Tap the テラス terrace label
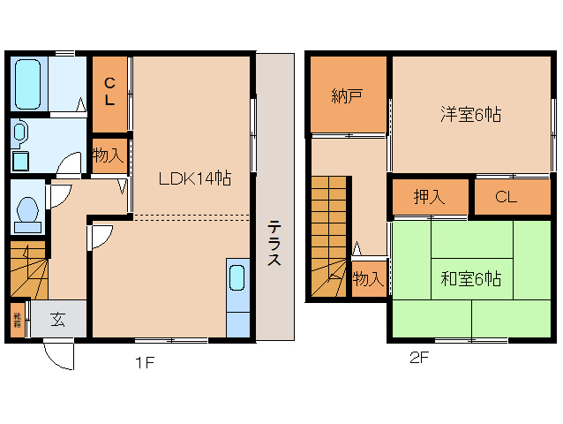pos(274,243)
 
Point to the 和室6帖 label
pos(470,279)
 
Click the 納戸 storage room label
pos(348,95)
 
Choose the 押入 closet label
pos(429,197)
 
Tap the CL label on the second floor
pos(505,197)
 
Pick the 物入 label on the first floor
pos(108,156)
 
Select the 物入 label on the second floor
pos(368,279)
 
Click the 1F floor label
pos(145,361)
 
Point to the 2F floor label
pos(418,359)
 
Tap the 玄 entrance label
pos(57,320)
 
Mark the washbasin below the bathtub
pos(20,134)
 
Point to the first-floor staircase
pos(27,268)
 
